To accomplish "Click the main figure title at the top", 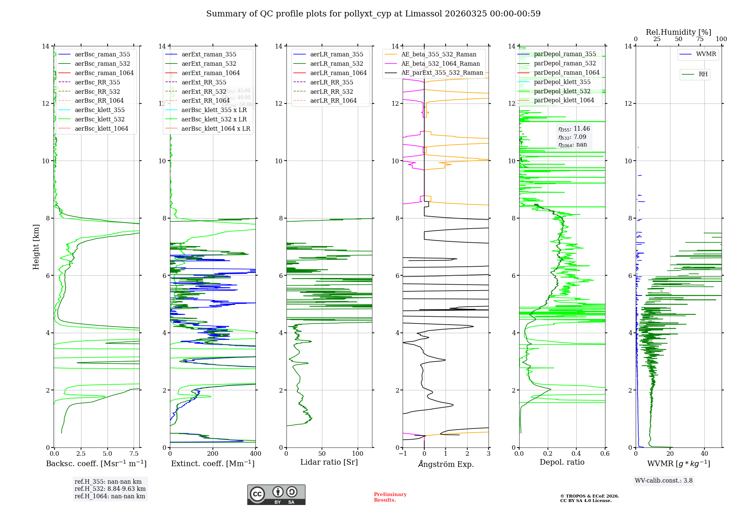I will (373, 14).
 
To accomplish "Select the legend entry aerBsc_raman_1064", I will (104, 73).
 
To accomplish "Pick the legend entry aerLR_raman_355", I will (337, 54).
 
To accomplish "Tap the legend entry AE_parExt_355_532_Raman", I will (442, 72).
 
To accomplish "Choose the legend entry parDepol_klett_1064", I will (564, 100).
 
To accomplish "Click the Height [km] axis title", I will (36, 247).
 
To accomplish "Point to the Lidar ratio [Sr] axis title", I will (329, 462).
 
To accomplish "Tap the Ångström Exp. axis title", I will (446, 464).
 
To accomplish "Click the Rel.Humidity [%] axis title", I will (678, 32).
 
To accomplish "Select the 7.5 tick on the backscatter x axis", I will (134, 454).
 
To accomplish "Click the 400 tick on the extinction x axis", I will (255, 454).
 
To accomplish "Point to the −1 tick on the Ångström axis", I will (403, 454).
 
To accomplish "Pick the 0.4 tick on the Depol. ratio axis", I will (576, 454).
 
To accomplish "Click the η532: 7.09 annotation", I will (572, 137).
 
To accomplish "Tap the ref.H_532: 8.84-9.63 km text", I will (110, 489).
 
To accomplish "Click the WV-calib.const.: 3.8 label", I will (663, 480).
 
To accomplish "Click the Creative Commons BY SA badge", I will (276, 495).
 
